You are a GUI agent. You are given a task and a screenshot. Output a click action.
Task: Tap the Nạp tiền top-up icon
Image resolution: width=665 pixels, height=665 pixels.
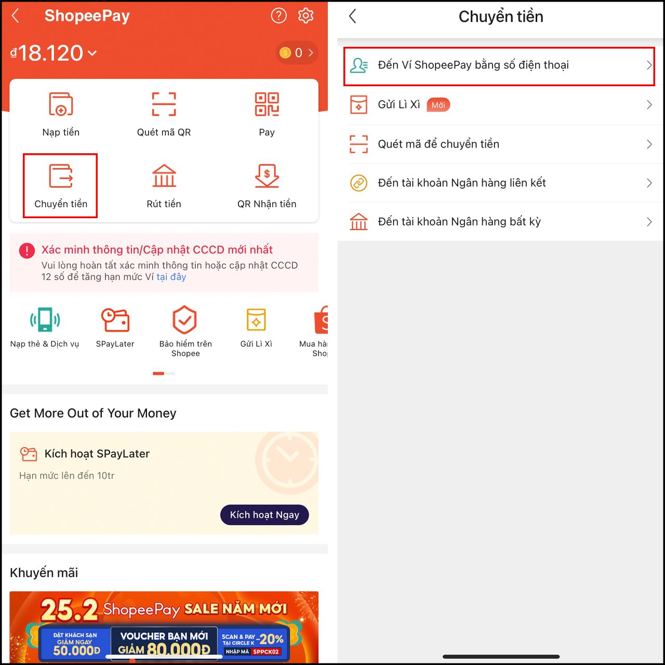(61, 104)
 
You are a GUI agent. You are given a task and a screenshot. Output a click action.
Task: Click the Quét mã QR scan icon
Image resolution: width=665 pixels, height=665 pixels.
(164, 104)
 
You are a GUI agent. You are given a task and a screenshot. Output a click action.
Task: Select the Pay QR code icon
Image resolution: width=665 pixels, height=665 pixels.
(267, 104)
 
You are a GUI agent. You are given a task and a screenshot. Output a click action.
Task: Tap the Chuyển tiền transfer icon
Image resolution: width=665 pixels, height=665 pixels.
(61, 176)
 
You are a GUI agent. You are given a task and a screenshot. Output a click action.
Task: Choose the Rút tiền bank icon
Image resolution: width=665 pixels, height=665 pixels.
(164, 176)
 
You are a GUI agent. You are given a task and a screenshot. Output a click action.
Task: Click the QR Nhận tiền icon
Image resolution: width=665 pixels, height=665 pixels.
(267, 176)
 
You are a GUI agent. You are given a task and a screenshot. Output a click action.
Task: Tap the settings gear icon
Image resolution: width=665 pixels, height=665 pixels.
(305, 16)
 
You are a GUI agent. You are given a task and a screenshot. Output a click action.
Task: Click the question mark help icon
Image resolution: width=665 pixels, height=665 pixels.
(279, 16)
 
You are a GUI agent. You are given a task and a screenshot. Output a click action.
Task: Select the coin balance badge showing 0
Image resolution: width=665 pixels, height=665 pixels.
(297, 53)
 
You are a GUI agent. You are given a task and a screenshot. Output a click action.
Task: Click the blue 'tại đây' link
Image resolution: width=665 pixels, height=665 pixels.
(171, 277)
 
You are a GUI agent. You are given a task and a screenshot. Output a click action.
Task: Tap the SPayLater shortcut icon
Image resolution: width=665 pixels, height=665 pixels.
(115, 320)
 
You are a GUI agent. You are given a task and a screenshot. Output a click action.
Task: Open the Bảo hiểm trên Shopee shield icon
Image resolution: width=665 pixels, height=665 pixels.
(185, 320)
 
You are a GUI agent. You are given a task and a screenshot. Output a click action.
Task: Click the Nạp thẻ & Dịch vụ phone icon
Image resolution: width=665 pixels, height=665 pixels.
(45, 320)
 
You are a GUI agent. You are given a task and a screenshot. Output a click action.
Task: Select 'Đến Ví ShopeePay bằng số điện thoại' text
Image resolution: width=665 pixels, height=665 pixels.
(473, 65)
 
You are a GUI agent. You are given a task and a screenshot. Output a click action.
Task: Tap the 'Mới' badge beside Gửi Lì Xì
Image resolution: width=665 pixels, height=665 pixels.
(438, 105)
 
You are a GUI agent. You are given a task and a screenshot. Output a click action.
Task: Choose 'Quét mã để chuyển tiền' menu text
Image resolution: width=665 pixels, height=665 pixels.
(438, 144)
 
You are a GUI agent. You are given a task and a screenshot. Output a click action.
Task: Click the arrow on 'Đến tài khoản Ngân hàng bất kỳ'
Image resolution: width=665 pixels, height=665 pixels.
(649, 222)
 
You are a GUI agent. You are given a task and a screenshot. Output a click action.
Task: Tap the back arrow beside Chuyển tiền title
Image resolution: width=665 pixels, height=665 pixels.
(353, 17)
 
